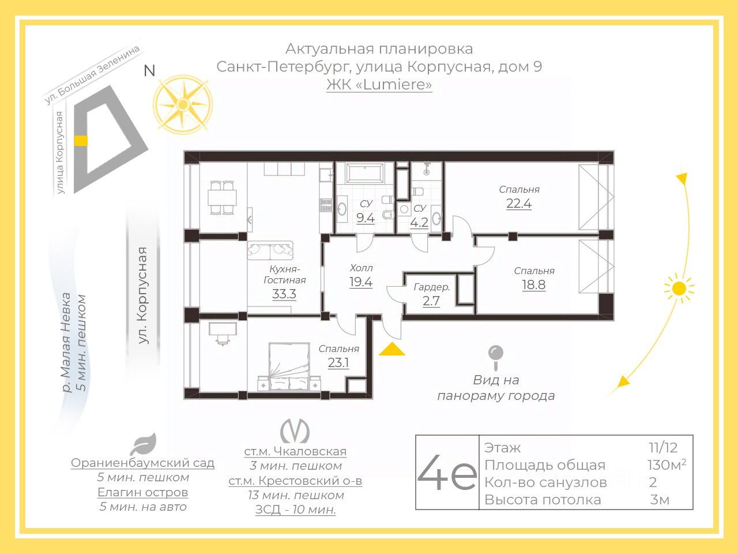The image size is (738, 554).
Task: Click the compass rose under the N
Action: [183, 104]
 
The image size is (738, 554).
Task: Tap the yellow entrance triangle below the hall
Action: [391, 349]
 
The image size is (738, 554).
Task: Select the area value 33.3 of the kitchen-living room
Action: [284, 294]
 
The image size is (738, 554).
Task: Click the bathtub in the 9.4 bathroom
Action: [365, 173]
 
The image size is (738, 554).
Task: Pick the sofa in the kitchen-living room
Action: [270, 250]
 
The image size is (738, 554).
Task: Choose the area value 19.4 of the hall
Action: [361, 282]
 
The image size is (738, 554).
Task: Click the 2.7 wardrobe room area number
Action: [431, 301]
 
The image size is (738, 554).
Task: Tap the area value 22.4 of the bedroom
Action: [519, 204]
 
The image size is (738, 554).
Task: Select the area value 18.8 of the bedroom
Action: [533, 285]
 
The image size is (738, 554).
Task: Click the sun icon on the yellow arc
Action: [680, 289]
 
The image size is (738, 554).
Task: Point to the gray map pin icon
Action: [496, 358]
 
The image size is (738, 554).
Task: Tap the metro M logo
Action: [295, 431]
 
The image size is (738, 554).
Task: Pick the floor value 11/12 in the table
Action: [663, 447]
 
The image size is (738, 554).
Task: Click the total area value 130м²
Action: [667, 465]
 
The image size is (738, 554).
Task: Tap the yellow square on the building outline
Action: [81, 141]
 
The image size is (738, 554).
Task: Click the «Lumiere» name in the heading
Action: [393, 84]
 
